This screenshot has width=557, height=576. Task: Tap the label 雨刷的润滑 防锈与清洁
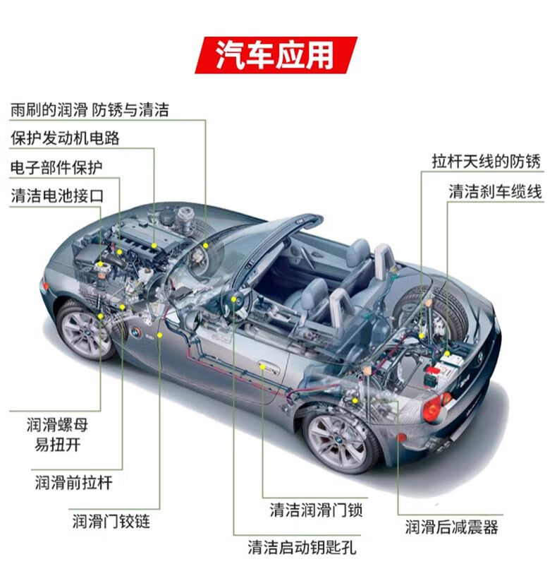pyautogui.click(x=90, y=109)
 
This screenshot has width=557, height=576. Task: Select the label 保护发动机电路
pyautogui.click(x=65, y=138)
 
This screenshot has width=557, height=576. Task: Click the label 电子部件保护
pyautogui.click(x=56, y=167)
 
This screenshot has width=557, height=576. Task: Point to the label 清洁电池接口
pyautogui.click(x=56, y=196)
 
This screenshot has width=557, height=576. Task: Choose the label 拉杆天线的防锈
pyautogui.click(x=486, y=162)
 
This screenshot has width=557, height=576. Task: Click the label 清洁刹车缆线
pyautogui.click(x=496, y=191)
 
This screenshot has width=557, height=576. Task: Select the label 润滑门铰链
pyautogui.click(x=111, y=522)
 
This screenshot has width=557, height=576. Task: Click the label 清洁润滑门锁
pyautogui.click(x=316, y=510)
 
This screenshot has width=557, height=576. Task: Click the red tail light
pyautogui.click(x=432, y=408)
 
